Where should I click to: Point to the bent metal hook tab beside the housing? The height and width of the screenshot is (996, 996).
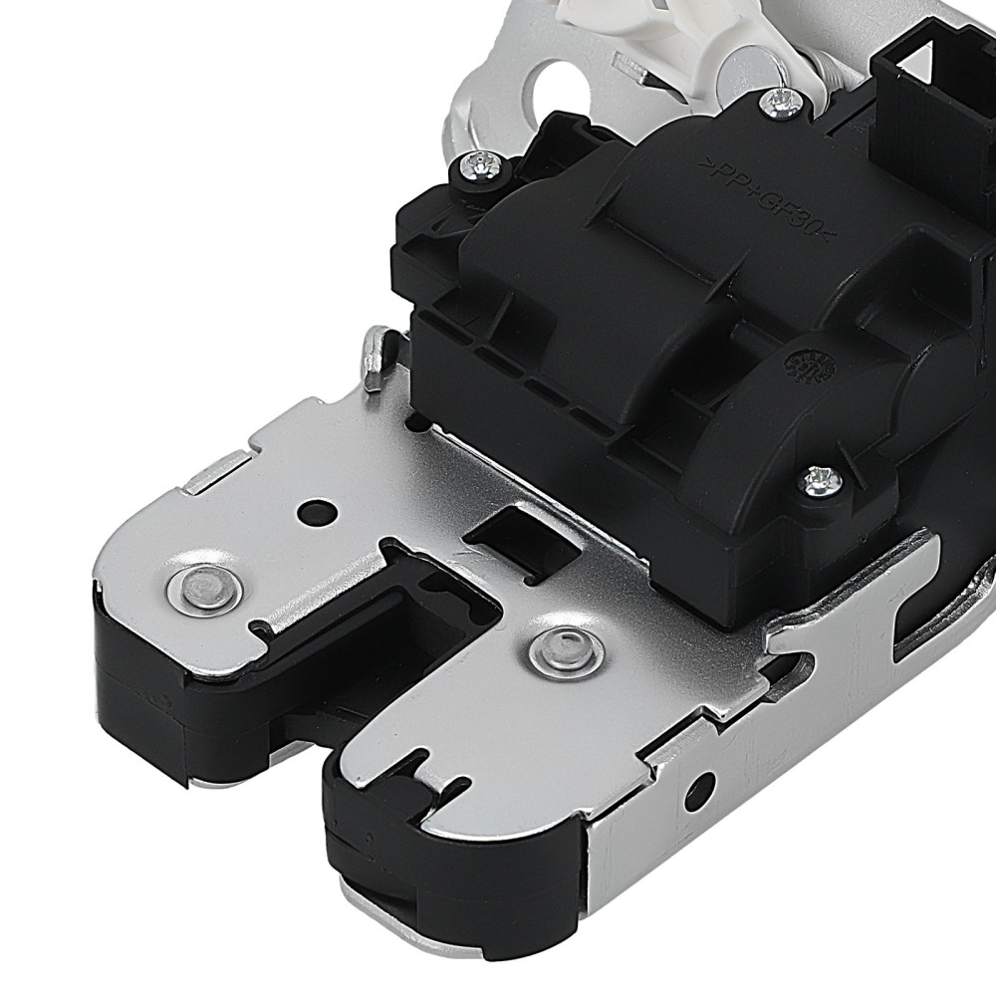click(x=373, y=354)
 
